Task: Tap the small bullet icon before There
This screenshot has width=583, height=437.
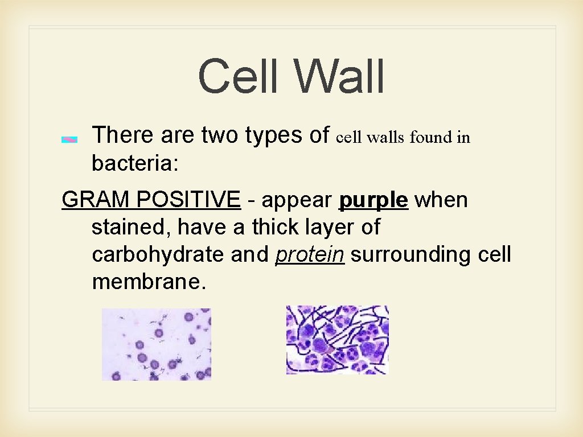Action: click(x=69, y=139)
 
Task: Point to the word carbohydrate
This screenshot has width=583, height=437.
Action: click(x=158, y=255)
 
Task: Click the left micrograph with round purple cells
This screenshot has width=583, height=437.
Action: click(x=156, y=344)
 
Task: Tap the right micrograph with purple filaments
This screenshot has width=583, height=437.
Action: click(x=337, y=340)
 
